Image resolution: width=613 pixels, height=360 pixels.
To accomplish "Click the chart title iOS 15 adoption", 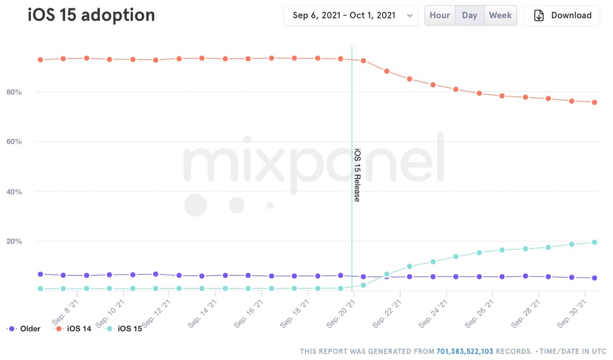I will point(91,15).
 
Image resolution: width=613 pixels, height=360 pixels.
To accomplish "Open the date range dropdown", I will point(350,15).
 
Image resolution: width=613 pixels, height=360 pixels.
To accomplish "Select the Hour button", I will point(439,15).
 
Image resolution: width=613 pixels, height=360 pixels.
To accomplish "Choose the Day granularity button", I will point(469,15).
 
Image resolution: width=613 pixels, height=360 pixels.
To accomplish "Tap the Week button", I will point(500,15).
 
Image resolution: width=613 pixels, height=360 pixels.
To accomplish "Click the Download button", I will point(562,15).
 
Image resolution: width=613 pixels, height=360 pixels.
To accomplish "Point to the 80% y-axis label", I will point(14,92).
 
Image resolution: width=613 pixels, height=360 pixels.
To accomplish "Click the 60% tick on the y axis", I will point(14,141).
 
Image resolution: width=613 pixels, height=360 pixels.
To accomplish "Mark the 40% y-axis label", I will point(14,191).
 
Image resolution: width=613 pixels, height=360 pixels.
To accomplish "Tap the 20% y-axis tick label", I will point(14,241).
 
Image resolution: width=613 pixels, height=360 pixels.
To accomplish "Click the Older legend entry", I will point(25,329).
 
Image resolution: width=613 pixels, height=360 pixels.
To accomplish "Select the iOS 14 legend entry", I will point(74,329).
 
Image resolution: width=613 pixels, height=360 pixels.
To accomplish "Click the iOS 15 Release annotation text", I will point(357,175).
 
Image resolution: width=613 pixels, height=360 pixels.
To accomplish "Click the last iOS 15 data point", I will point(595,242).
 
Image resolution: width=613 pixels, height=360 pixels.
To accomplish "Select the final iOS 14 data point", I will point(595,102).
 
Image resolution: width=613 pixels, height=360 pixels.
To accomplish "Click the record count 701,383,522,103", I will point(465,351).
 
